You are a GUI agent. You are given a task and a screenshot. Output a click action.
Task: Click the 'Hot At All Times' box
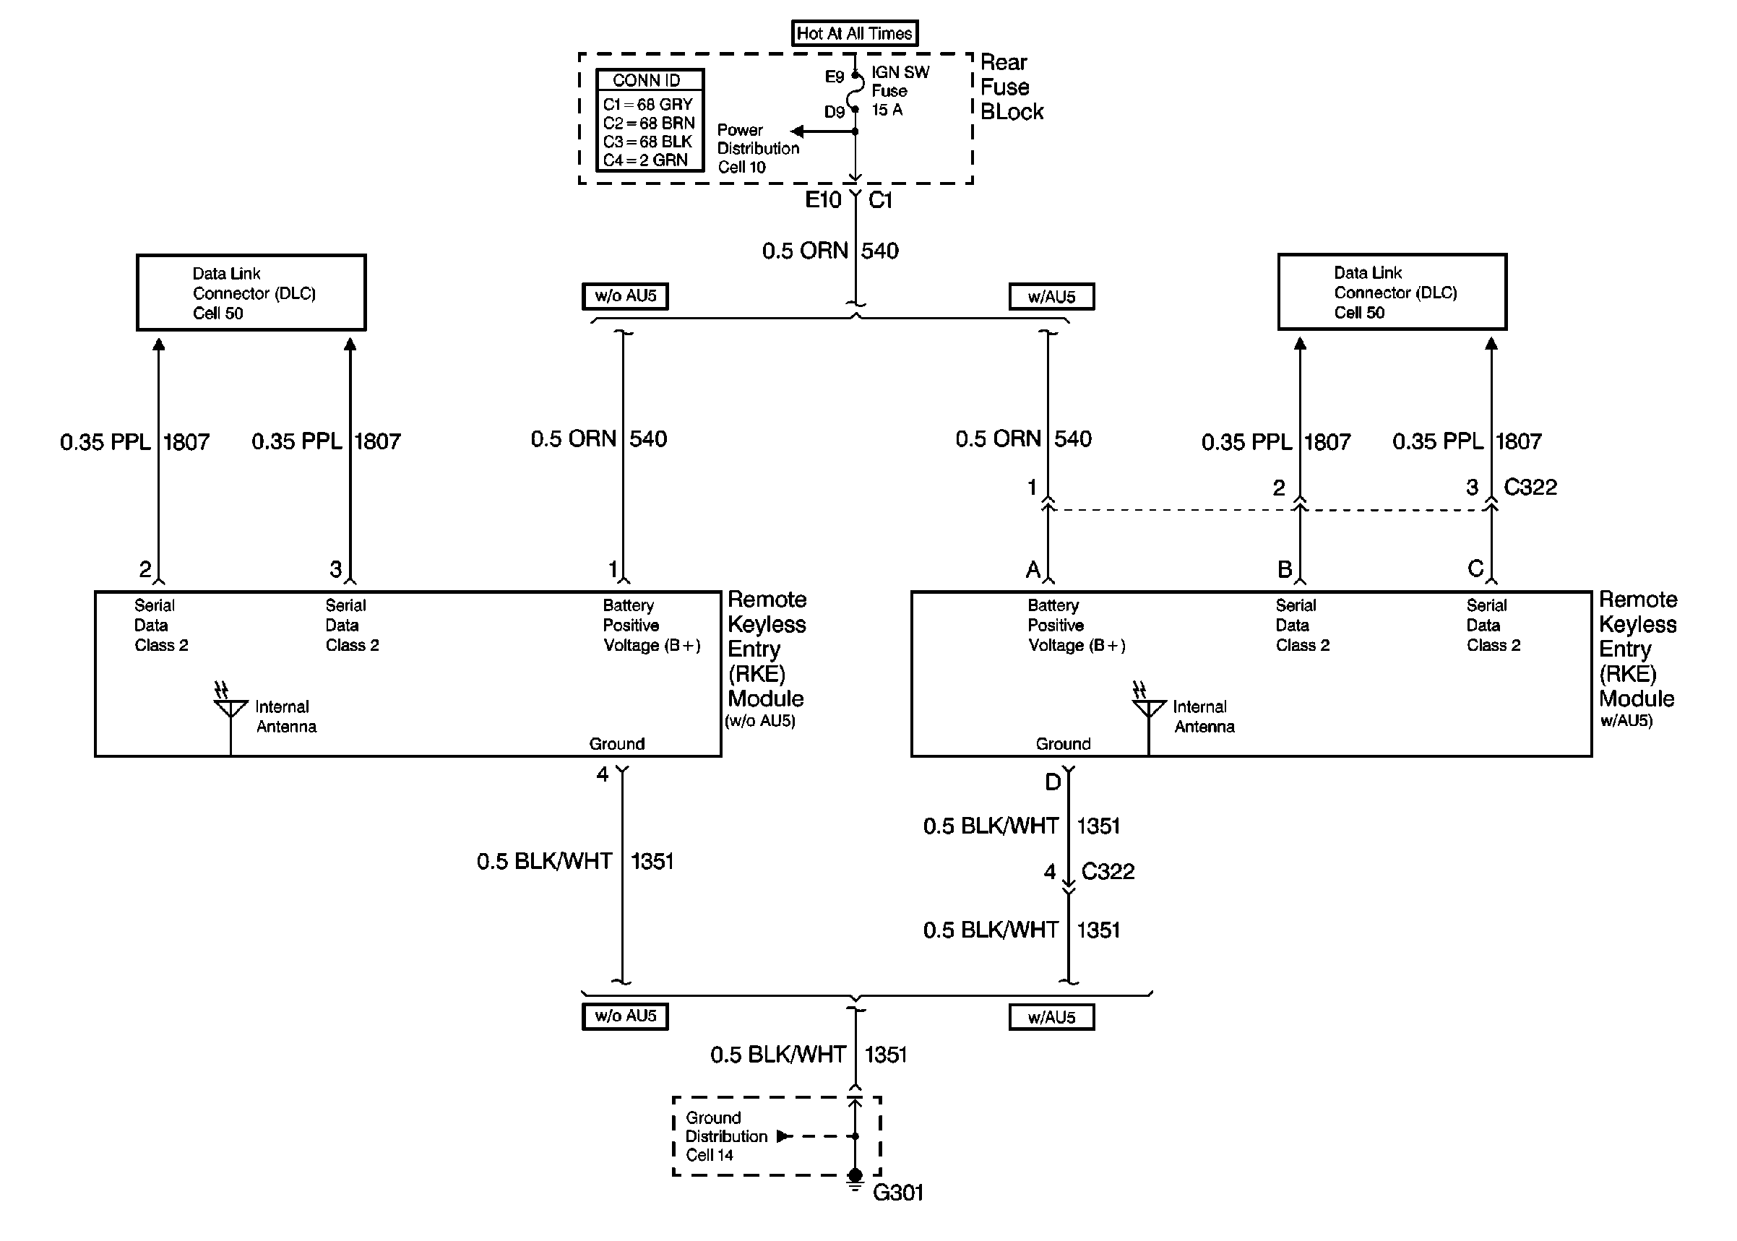[853, 33]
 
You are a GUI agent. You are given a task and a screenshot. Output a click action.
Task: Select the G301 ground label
[898, 1192]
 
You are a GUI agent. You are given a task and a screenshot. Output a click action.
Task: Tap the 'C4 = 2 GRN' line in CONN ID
[645, 160]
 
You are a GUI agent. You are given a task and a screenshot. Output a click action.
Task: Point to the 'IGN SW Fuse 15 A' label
[900, 91]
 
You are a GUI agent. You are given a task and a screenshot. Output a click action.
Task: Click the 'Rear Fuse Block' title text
[1010, 87]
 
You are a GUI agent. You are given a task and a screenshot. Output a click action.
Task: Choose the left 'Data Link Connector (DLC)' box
[251, 293]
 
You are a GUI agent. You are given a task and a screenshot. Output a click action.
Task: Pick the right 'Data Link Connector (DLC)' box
[1392, 292]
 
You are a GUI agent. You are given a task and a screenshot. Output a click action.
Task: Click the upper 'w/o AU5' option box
[625, 295]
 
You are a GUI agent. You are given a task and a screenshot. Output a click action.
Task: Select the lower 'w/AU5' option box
[1051, 1017]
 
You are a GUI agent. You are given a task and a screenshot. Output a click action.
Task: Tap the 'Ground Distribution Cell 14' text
[725, 1136]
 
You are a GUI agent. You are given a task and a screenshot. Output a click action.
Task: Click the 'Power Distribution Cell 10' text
[757, 148]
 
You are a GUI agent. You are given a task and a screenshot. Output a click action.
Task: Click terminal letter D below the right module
[1052, 782]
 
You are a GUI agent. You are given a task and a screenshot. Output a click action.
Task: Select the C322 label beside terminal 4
[1108, 871]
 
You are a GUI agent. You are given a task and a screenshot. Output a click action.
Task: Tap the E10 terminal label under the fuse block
[822, 200]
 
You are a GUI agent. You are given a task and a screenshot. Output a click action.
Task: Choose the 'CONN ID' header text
[646, 80]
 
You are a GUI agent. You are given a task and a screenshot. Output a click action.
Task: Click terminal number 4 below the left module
[602, 774]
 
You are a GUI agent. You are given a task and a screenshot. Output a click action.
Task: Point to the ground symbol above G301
[855, 1179]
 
